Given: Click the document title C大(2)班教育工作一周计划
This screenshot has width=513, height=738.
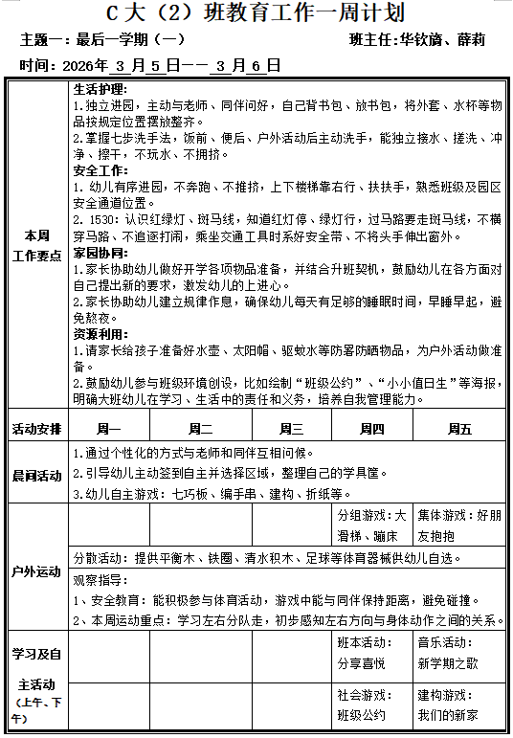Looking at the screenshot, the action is click(x=256, y=13).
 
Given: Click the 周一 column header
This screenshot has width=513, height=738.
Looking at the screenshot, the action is click(x=109, y=429).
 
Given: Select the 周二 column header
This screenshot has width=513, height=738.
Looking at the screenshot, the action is click(x=200, y=429).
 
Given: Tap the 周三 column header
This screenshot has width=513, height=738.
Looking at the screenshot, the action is click(x=291, y=429).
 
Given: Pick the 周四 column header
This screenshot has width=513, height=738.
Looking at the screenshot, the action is click(x=371, y=429).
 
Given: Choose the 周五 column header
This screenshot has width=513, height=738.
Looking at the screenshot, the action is click(x=459, y=429).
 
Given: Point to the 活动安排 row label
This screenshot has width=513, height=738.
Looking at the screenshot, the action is click(x=36, y=429).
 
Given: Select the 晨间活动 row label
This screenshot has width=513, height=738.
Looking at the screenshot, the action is click(x=36, y=476).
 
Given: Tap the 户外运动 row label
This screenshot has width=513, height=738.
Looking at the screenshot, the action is click(x=36, y=571).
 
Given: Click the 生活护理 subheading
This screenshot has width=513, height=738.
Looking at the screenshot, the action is click(x=100, y=89).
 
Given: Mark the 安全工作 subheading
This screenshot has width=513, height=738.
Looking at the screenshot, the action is click(x=100, y=170).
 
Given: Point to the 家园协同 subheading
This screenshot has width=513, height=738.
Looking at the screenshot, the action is click(x=100, y=253).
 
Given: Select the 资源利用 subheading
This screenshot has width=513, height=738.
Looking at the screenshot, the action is click(x=100, y=334).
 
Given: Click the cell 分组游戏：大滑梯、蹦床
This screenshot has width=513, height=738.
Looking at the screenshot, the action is click(x=371, y=526).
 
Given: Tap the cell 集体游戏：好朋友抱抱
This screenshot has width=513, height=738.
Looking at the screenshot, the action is click(x=459, y=526).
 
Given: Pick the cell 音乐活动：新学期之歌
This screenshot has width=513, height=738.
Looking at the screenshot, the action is click(x=459, y=654).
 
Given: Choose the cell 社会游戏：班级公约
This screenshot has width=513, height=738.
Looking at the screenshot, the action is click(x=371, y=706).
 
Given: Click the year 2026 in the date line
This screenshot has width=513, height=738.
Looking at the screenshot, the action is click(x=85, y=66).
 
